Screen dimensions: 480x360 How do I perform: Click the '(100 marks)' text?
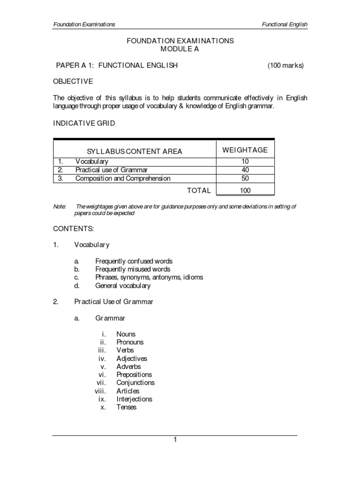[285, 66]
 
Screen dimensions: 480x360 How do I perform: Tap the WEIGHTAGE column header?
[245, 150]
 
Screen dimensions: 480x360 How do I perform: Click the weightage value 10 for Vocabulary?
[245, 162]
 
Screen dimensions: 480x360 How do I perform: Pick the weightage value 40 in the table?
[245, 170]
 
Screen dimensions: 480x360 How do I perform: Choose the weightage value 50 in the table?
[245, 179]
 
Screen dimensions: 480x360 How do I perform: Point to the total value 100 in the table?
[245, 191]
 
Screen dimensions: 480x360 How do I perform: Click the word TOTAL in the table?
[199, 191]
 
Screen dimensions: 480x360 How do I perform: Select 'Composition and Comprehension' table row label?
[123, 179]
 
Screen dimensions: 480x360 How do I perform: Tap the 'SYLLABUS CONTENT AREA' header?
[135, 151]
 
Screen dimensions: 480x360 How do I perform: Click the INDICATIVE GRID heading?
[84, 123]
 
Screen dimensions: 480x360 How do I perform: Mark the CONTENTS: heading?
[74, 229]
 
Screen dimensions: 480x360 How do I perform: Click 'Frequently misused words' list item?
[133, 270]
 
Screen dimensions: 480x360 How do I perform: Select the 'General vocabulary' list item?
[123, 286]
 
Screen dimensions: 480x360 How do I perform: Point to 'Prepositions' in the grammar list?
[134, 375]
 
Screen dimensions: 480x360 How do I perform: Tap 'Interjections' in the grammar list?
[134, 399]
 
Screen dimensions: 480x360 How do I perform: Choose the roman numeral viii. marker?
[100, 391]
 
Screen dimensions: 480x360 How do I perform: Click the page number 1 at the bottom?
[175, 440]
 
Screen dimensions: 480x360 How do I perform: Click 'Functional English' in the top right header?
[285, 24]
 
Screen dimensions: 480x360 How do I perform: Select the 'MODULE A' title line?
[180, 49]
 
